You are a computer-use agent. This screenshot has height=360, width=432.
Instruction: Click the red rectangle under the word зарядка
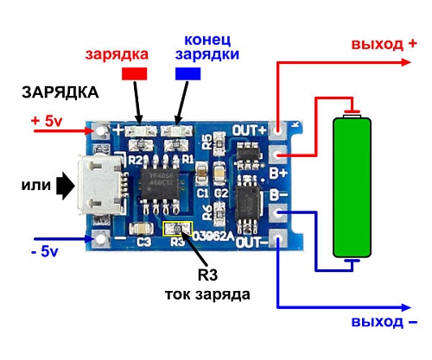[x=135, y=74]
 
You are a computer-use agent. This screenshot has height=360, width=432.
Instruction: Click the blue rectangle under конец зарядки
[x=187, y=74]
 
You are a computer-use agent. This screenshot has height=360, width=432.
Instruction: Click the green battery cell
[x=353, y=186]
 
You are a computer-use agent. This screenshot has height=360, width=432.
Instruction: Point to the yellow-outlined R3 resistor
[x=174, y=228]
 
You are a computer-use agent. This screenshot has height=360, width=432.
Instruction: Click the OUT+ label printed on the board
[x=250, y=129]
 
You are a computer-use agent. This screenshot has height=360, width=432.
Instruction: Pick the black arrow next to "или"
[x=66, y=184]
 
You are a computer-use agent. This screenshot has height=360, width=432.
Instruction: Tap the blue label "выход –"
[x=384, y=322]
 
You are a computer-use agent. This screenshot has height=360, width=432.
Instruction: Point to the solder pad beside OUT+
[x=278, y=129]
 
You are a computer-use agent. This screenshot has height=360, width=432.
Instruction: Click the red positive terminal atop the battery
[x=352, y=111]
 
